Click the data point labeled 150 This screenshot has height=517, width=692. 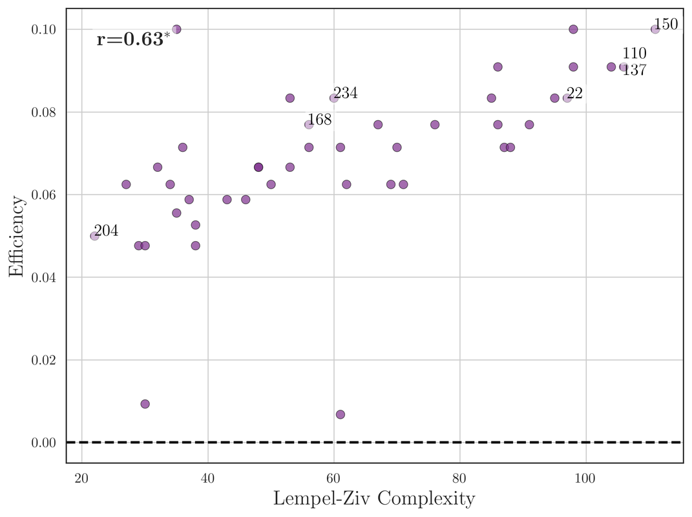pyautogui.click(x=655, y=30)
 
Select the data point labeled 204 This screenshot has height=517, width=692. pyautogui.click(x=94, y=236)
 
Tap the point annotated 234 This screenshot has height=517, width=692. pyautogui.click(x=333, y=98)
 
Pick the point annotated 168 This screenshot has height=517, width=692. pyautogui.click(x=309, y=125)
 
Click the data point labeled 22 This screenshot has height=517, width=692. pyautogui.click(x=567, y=98)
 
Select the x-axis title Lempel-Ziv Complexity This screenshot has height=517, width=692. pyautogui.click(x=374, y=499)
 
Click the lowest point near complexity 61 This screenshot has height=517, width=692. pyautogui.click(x=341, y=414)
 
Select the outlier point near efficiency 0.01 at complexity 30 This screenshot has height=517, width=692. pyautogui.click(x=145, y=404)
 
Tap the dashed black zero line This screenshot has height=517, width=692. pyautogui.click(x=388, y=442)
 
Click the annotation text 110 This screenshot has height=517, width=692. pyautogui.click(x=634, y=54)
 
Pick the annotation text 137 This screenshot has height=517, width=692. pyautogui.click(x=634, y=70)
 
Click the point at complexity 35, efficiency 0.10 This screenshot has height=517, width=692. pyautogui.click(x=176, y=30)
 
